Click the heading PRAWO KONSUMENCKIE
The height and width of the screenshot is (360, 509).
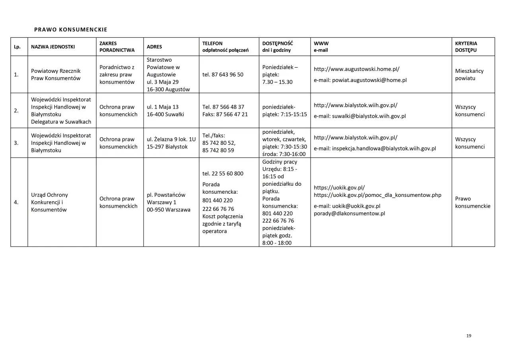point(71,29)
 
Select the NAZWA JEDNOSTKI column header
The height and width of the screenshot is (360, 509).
point(53,47)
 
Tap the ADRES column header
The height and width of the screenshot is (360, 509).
point(154,47)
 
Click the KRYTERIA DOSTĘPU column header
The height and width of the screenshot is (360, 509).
point(466,47)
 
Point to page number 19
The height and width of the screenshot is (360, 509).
point(469,336)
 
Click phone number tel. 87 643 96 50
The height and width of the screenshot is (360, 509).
point(223,74)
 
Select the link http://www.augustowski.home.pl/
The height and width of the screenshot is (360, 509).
point(357,69)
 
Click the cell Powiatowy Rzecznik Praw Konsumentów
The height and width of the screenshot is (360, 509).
point(56,74)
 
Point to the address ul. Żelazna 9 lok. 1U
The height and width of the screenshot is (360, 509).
point(171,139)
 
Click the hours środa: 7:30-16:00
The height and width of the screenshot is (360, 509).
point(284,154)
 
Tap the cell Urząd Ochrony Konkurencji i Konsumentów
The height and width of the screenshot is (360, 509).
point(50,202)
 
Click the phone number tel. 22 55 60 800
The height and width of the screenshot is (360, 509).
point(223,173)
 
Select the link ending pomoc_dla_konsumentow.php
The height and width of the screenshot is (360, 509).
point(377,195)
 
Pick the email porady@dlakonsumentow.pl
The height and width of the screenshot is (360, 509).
point(349,213)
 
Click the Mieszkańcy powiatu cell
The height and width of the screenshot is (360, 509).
point(469,74)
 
